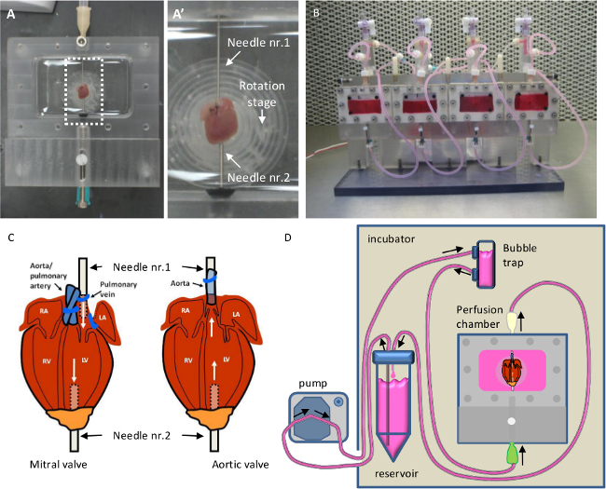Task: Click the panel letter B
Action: tap(317, 13)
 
